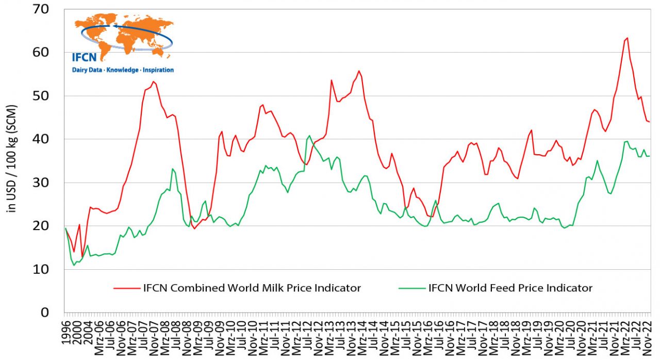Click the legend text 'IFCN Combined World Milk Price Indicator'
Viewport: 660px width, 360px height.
(x=252, y=288)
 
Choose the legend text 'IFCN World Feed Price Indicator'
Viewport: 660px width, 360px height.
(x=510, y=288)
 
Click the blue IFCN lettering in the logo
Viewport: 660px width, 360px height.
(x=84, y=57)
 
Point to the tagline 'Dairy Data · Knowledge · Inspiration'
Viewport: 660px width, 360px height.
(x=123, y=70)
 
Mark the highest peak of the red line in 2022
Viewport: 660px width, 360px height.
(x=627, y=38)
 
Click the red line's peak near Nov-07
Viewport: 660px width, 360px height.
(x=154, y=81)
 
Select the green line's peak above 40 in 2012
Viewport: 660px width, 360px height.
(x=309, y=136)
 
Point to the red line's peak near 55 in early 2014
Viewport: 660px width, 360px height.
(x=359, y=71)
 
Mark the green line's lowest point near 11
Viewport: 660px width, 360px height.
(x=74, y=265)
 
